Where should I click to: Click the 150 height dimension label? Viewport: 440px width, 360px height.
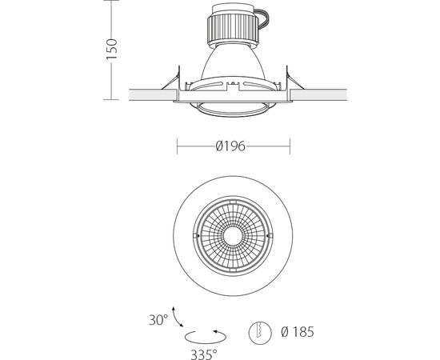pyautogui.click(x=112, y=50)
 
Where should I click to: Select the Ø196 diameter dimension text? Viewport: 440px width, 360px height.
pyautogui.click(x=230, y=146)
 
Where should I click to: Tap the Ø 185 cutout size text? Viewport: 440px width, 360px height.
pyautogui.click(x=297, y=332)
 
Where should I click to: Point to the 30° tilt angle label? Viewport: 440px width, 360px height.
pyautogui.click(x=158, y=319)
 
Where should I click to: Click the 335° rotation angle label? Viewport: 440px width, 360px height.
pyautogui.click(x=204, y=354)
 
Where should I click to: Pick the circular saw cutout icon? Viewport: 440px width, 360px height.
pyautogui.click(x=260, y=332)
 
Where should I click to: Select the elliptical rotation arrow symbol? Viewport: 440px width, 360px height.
pyautogui.click(x=205, y=337)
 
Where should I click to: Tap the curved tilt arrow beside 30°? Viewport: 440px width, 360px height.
pyautogui.click(x=176, y=318)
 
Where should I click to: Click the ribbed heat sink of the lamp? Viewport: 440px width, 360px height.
pyautogui.click(x=233, y=29)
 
